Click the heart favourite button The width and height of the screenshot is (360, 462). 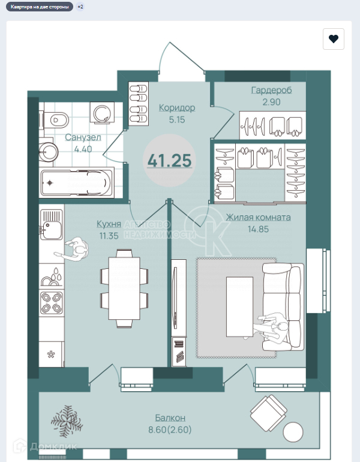pyautogui.click(x=334, y=39)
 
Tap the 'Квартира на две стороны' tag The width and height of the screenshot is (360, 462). pyautogui.click(x=40, y=7)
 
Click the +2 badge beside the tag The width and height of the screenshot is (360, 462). pyautogui.click(x=80, y=7)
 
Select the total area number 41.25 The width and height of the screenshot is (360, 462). pyautogui.click(x=169, y=161)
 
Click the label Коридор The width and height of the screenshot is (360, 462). pyautogui.click(x=177, y=107)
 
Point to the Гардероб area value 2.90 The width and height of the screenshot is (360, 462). pyautogui.click(x=271, y=102)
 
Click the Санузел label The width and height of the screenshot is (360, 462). pyautogui.click(x=83, y=137)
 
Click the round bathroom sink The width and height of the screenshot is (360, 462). pyautogui.click(x=49, y=152)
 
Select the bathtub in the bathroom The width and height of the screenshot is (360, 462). pyautogui.click(x=77, y=182)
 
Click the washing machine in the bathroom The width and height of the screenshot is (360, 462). pyautogui.click(x=102, y=113)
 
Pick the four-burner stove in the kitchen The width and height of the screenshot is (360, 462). pyautogui.click(x=52, y=303)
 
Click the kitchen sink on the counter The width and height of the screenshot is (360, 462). pyautogui.click(x=51, y=224)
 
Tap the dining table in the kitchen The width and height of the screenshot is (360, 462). pyautogui.click(x=124, y=288)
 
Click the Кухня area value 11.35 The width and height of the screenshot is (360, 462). pyautogui.click(x=109, y=236)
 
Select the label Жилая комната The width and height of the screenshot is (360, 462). pyautogui.click(x=258, y=217)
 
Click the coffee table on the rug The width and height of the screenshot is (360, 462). pyautogui.click(x=239, y=307)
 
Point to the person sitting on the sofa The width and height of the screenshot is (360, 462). pyautogui.click(x=271, y=327)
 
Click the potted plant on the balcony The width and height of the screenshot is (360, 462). pyautogui.click(x=67, y=421)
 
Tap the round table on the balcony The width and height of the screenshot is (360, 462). pyautogui.click(x=293, y=432)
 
